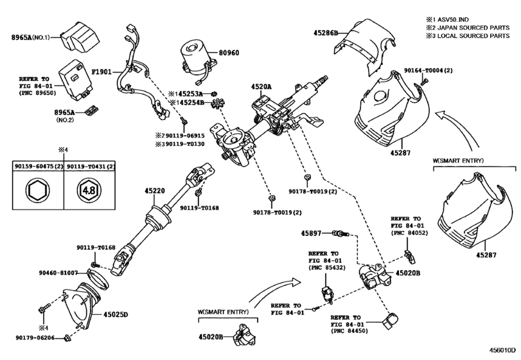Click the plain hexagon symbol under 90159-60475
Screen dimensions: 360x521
pyautogui.click(x=37, y=190)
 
